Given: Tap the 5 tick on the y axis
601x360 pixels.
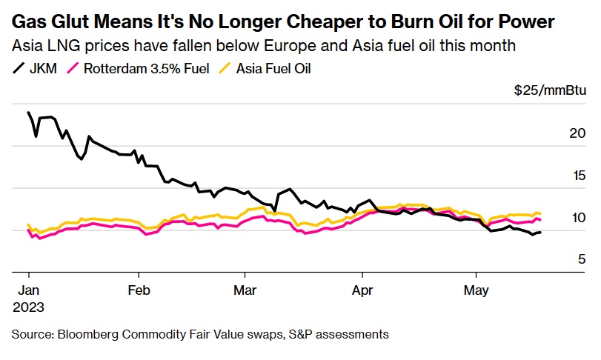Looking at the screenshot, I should point(560,259).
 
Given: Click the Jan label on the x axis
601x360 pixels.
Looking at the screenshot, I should point(27,290).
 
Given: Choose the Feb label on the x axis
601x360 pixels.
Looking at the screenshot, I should point(139,290).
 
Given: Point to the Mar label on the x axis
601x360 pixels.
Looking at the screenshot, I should point(245,290).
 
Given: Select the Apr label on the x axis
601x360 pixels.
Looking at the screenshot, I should point(362,290).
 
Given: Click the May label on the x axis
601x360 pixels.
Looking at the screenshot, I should point(477,290).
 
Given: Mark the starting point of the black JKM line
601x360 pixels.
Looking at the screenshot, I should point(28,113).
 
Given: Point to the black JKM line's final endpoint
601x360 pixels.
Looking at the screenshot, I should point(540,233).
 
